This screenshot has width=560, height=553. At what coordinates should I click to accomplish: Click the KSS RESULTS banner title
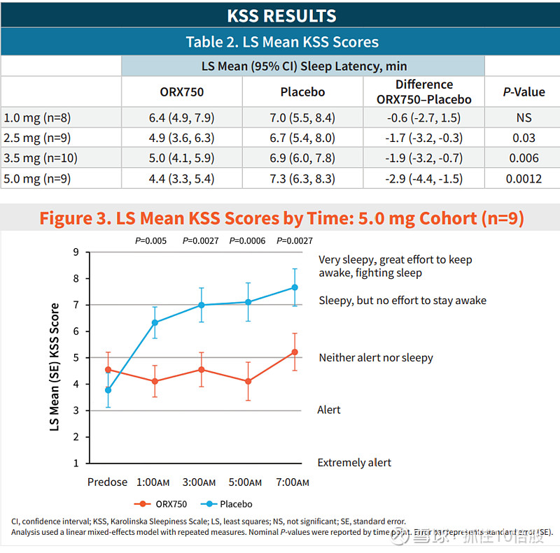click(281, 15)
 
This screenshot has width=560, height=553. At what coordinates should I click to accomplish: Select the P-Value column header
click(524, 92)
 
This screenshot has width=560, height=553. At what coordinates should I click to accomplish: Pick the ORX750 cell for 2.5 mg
click(182, 138)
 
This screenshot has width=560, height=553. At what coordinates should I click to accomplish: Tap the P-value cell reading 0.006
click(524, 159)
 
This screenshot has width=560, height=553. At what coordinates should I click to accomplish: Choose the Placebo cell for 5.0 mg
click(303, 179)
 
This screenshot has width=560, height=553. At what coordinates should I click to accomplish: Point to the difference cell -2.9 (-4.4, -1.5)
click(424, 179)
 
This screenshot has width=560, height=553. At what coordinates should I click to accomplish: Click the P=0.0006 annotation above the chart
click(248, 241)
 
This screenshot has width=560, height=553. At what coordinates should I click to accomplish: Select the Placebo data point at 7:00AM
click(295, 287)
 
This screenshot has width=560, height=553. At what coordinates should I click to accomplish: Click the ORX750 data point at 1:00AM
click(155, 381)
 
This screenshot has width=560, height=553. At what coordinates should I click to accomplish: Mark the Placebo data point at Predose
click(108, 390)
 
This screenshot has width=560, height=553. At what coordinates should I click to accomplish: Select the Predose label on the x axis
click(107, 482)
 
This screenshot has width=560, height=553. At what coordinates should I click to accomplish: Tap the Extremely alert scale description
click(354, 463)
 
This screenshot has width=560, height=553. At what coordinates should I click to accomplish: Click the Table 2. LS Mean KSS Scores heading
click(281, 42)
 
